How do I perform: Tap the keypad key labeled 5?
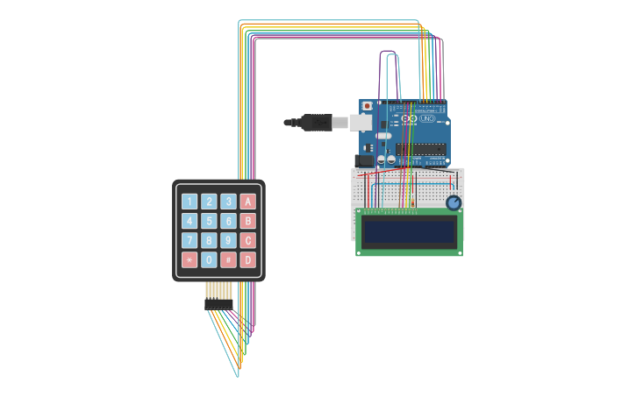click(209, 221)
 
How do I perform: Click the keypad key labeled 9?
click(228, 240)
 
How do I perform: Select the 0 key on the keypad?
click(209, 259)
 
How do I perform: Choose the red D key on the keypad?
click(248, 259)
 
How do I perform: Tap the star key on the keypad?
click(189, 259)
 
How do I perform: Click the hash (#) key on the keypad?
click(228, 259)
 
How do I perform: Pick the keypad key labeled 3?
click(228, 202)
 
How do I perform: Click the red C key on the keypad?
click(248, 240)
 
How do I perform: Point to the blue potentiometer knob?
click(454, 203)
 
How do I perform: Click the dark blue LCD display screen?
click(410, 231)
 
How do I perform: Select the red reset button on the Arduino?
click(367, 106)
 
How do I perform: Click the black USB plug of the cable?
click(316, 123)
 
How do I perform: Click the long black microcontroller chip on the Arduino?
click(421, 149)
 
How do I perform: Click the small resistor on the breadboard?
click(413, 204)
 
